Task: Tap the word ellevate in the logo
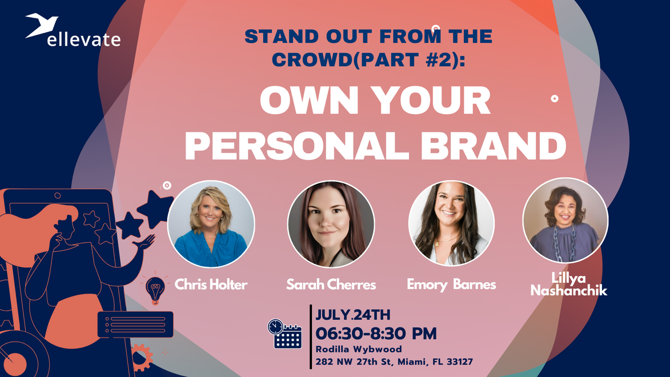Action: (84, 39)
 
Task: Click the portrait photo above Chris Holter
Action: (211, 224)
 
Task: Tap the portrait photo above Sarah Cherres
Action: (331, 224)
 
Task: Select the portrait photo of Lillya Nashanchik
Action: (565, 220)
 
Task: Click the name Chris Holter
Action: (211, 284)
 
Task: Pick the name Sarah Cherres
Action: (331, 284)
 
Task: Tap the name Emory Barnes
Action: (451, 284)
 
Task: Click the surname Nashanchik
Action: (568, 291)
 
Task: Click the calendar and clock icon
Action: (284, 334)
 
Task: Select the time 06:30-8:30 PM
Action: (376, 333)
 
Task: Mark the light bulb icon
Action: (154, 288)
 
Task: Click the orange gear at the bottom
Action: (141, 356)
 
